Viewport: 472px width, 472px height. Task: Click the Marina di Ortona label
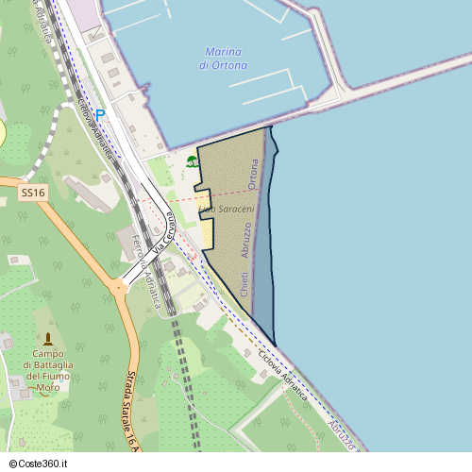224,59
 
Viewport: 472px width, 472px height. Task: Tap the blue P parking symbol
100,115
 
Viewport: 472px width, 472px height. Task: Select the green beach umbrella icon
192,161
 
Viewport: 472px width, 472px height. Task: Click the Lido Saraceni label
227,208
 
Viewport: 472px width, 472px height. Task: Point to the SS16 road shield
32,193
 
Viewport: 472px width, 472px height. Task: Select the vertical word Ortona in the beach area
252,175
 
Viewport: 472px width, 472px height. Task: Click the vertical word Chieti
244,282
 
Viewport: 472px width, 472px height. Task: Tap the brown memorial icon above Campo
48,338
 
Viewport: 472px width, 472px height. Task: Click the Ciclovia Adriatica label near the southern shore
282,377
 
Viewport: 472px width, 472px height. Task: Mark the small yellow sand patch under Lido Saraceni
205,232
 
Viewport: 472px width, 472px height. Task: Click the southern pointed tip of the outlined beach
275,345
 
